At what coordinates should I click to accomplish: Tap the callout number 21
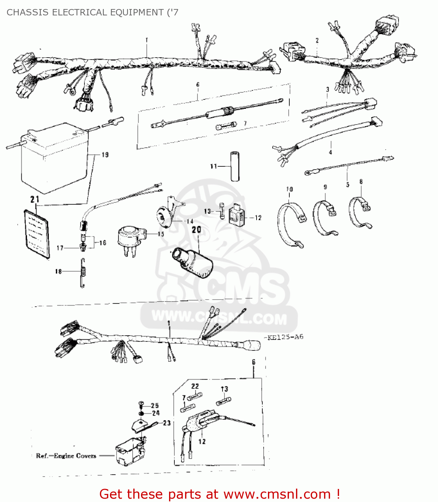[35, 199]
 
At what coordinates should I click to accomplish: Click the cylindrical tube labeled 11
[235, 166]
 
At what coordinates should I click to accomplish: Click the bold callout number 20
[196, 230]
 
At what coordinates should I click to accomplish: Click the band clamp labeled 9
[325, 218]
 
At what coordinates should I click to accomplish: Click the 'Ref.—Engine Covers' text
[66, 456]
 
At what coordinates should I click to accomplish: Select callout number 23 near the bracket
[167, 423]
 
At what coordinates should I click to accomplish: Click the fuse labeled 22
[194, 397]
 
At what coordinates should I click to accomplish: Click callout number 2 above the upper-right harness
[317, 40]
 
